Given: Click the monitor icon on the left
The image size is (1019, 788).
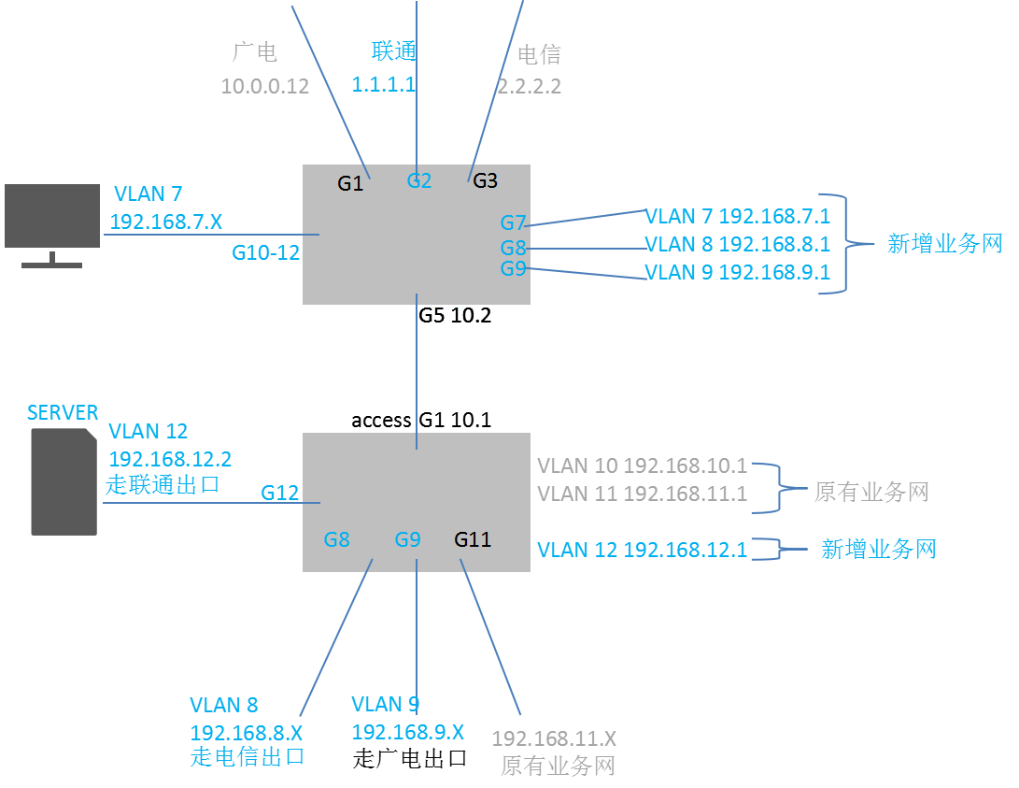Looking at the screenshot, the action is (x=52, y=225).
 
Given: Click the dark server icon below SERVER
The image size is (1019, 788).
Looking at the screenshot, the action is (x=64, y=481).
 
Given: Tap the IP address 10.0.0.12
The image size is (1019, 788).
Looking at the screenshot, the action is (x=264, y=86).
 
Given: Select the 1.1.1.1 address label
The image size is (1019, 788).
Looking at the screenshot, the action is (x=384, y=84).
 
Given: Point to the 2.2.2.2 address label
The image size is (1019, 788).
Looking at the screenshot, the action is (x=529, y=86).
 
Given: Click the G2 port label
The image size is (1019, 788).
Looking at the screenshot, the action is (x=419, y=180).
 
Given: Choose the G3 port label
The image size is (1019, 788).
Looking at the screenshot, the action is (x=485, y=180).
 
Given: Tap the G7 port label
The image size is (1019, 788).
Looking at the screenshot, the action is (x=513, y=223).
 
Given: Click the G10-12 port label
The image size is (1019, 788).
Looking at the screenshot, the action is (x=266, y=252).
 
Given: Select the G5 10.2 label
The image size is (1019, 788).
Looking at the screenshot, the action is (x=455, y=315).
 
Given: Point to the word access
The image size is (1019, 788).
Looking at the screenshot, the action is (x=381, y=421).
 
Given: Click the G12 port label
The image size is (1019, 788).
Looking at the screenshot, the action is (x=279, y=494).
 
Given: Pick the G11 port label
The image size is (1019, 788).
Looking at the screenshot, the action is (x=473, y=539).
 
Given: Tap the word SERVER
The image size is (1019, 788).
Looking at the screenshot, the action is (x=63, y=413).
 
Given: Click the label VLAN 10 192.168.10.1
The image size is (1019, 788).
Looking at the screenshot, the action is (x=642, y=466).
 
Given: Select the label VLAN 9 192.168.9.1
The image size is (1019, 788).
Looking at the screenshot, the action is (x=738, y=272).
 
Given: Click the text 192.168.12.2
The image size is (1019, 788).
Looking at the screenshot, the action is (x=170, y=459).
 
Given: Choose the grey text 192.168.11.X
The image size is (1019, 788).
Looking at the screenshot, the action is (x=554, y=738).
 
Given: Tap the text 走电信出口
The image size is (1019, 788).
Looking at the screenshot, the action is (x=248, y=757).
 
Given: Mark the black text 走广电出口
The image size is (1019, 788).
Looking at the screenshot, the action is (x=409, y=759).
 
